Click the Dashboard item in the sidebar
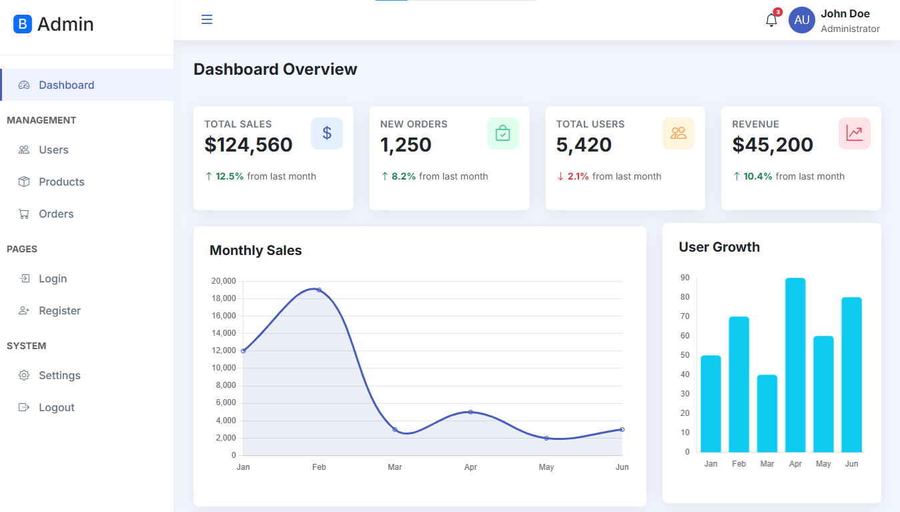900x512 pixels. coord(66,85)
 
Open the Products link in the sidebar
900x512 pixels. coord(61,182)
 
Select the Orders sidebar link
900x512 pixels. coord(56,214)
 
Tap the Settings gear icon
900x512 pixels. coord(24,375)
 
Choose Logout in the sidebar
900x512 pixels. coord(56,407)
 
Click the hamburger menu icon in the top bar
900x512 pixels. coord(207,19)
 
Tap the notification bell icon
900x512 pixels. coord(771,20)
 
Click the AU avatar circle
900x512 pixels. coord(801,20)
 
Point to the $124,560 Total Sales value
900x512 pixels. coord(248,144)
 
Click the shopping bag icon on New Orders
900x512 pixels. coord(502,134)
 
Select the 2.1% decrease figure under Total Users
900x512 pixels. coord(578,176)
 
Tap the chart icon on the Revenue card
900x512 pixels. coord(854,134)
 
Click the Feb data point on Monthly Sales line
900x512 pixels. coord(319,290)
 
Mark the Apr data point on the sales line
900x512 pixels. coord(470,412)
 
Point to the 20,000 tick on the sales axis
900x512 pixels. coord(223,281)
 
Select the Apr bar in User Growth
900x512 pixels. coord(795,364)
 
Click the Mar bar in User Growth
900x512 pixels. coord(767,413)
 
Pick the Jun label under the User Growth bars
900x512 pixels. coord(851,463)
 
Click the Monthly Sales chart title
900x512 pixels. coord(256,250)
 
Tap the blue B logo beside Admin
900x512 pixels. coord(23,24)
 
